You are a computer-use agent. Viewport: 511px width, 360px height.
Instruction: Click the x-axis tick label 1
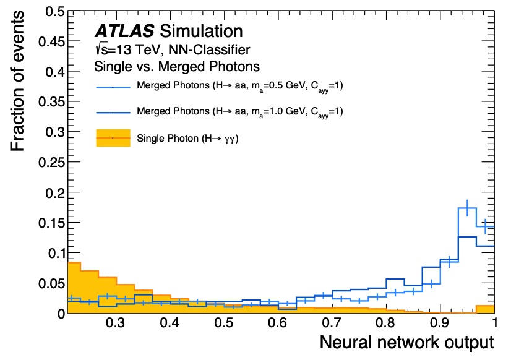coord(494,324)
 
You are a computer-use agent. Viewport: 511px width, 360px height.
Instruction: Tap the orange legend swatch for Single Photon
coord(113,138)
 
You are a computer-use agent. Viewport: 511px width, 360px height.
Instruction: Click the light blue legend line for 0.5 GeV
coord(113,87)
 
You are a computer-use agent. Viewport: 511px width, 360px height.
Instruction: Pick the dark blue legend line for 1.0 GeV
coord(113,113)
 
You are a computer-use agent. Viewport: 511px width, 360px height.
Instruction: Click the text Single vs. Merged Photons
coord(176,66)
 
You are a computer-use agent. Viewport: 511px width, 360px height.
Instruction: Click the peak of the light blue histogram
coord(467,208)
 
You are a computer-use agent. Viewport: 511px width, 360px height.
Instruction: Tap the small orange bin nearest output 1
coord(485,307)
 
